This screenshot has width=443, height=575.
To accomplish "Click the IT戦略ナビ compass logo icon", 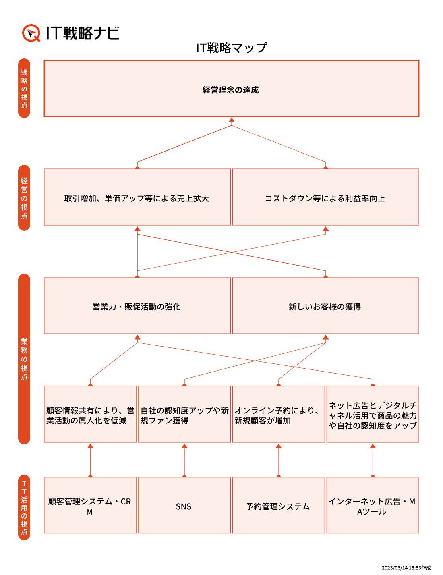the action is [31, 33].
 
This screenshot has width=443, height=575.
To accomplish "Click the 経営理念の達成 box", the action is [232, 88].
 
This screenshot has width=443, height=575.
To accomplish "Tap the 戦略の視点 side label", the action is [24, 88].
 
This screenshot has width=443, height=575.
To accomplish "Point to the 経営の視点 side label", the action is [24, 198].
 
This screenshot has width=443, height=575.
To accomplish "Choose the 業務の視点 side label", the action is [24, 359].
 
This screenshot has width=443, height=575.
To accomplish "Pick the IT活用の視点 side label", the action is [24, 507].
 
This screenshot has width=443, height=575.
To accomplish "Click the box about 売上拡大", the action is [137, 197].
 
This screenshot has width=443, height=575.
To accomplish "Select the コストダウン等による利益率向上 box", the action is [325, 197].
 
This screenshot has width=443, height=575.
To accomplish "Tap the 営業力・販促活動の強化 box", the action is [137, 305].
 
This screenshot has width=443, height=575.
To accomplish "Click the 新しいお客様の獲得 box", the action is [325, 305].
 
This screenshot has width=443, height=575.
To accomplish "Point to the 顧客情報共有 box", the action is [90, 414].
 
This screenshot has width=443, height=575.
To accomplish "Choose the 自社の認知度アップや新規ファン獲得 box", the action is [184, 414].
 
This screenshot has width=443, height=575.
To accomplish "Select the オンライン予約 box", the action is [279, 414].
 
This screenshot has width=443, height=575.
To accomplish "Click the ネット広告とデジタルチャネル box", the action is [373, 414].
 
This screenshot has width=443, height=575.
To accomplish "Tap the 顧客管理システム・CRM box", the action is [90, 505].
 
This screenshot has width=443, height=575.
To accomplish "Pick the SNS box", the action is [184, 505].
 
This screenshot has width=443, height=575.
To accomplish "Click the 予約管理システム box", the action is [279, 505].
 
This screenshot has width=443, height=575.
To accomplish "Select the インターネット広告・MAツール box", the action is [373, 505].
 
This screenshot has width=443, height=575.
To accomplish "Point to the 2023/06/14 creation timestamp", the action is [406, 568].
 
